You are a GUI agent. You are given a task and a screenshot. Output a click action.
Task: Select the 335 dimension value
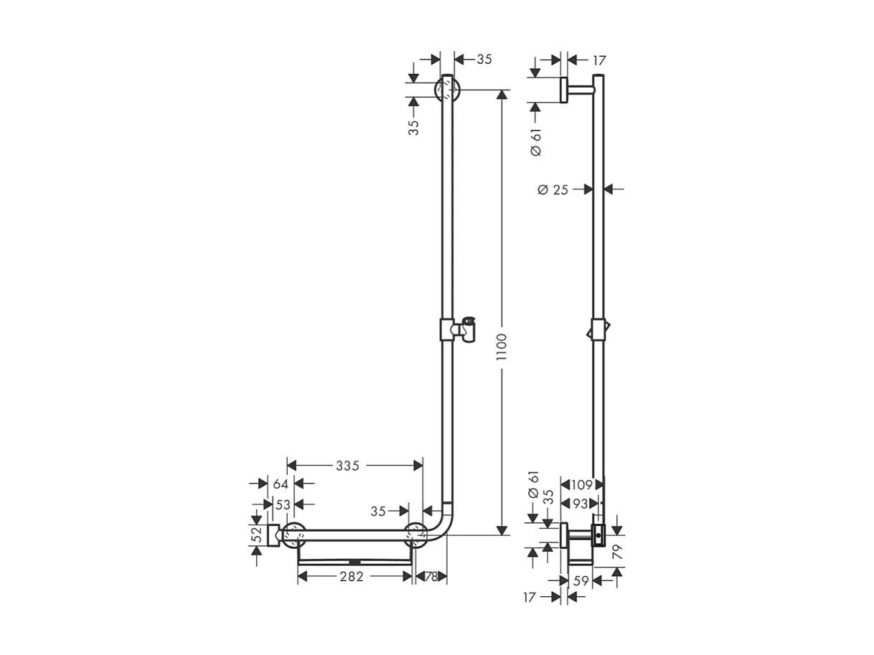[x=347, y=466]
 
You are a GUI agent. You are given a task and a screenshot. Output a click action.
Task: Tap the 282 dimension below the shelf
[x=352, y=576]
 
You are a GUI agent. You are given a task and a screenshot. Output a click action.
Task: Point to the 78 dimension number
[x=431, y=576]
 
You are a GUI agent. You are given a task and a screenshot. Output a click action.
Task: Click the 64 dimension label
[x=281, y=484]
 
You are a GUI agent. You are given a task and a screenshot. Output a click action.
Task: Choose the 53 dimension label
[x=283, y=504]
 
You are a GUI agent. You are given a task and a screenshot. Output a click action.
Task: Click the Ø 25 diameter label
[x=553, y=189]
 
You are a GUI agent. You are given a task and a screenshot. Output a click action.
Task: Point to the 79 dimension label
[x=616, y=551]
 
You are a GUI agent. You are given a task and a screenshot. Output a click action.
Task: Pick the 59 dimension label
[x=581, y=581]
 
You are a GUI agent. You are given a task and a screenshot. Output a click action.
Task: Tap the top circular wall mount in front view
[x=447, y=90]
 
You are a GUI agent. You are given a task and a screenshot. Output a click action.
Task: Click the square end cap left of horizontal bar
[x=273, y=535]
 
